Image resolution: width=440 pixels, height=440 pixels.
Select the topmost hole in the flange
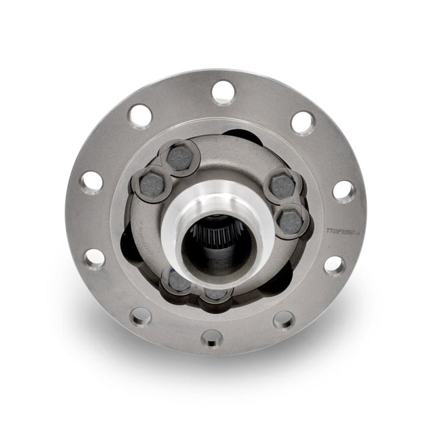point(223,92)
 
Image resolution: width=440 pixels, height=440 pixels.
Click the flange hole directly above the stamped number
point(343,191)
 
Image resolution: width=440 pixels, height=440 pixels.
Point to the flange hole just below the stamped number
point(334,265)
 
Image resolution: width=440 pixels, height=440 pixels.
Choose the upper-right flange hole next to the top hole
point(302,122)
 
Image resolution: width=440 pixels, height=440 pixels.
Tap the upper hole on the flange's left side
point(93,182)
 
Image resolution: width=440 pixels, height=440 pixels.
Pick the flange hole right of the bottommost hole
point(283,318)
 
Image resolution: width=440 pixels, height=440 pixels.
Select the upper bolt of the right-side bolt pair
point(280,186)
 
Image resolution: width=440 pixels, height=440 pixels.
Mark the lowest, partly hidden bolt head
point(215,293)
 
